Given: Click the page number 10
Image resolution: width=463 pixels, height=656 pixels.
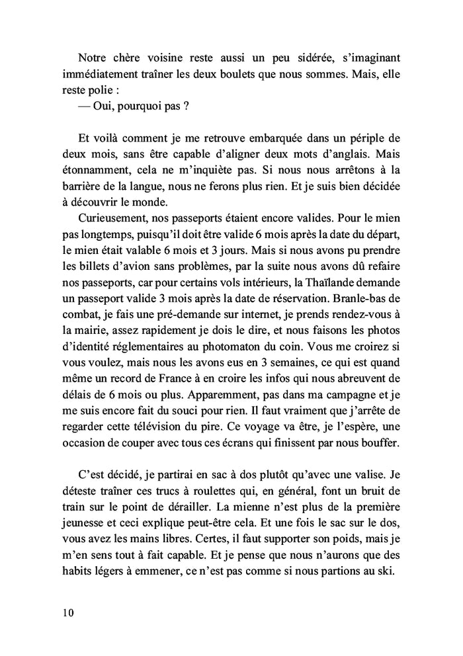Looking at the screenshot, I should tap(65, 612).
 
